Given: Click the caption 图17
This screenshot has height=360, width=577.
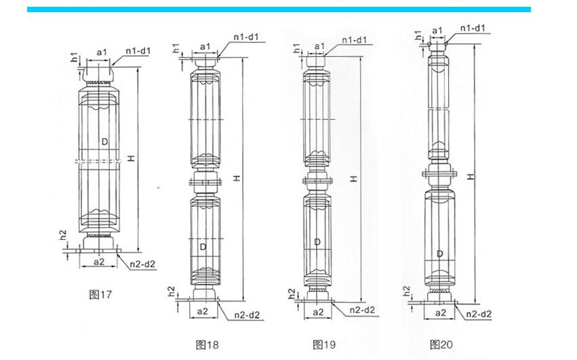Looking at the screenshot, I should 100,294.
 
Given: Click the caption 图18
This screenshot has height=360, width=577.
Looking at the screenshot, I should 207,345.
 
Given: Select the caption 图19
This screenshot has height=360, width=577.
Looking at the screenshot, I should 324,345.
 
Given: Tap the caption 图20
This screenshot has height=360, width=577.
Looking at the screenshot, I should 441,345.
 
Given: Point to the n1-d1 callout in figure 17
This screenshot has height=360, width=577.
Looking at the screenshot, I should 138,51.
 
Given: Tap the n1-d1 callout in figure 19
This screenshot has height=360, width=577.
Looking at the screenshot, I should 354,41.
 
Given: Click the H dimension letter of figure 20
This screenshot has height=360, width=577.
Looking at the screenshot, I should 470,175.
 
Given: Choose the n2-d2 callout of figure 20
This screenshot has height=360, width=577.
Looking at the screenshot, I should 477,313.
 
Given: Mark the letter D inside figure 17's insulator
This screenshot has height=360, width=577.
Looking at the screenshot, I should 104,141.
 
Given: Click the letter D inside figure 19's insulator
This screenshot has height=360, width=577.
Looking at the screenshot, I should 317,241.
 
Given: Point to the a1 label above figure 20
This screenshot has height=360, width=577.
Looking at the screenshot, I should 437,30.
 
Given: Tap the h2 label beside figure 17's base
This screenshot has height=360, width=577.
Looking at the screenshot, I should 62,237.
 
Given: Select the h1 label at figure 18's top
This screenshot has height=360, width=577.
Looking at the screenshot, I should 176,48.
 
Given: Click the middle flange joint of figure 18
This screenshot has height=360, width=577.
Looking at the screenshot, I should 205,181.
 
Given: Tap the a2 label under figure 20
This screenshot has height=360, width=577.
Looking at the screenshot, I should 440,313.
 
